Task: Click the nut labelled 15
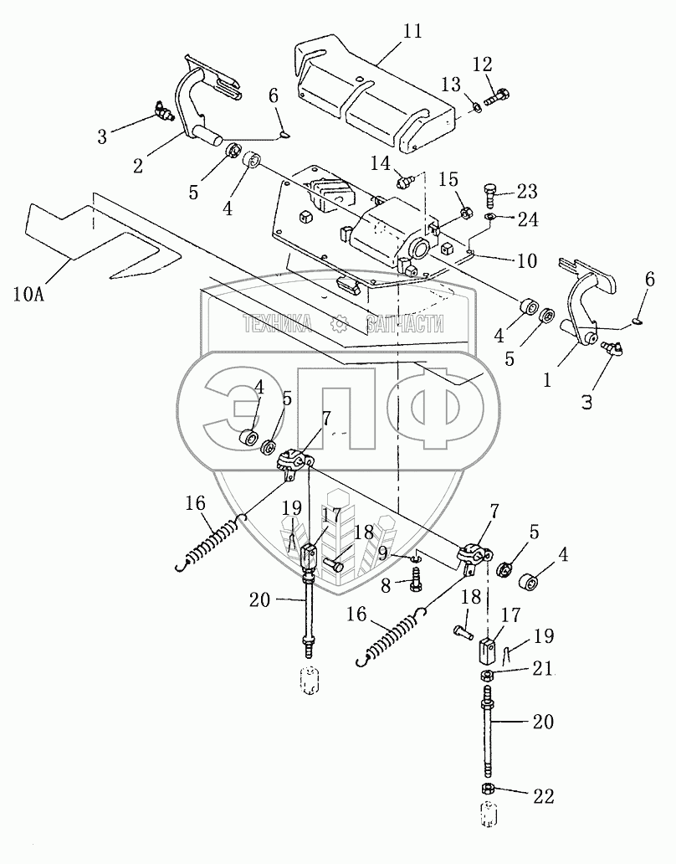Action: pyautogui.click(x=465, y=217)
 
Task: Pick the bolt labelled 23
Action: pyautogui.click(x=493, y=193)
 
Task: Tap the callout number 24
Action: pyautogui.click(x=527, y=222)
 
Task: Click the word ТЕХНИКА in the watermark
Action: pyautogui.click(x=277, y=324)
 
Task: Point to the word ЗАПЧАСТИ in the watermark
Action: pyautogui.click(x=406, y=324)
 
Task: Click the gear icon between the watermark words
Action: pyautogui.click(x=340, y=324)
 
